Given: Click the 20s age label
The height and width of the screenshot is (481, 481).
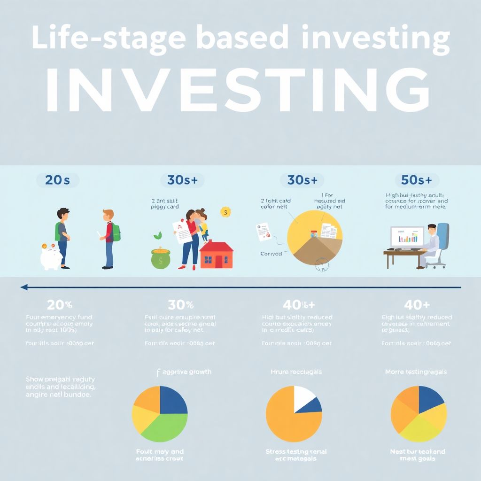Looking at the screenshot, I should (x=57, y=180).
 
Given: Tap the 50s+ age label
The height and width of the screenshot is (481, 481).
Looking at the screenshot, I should (x=416, y=180).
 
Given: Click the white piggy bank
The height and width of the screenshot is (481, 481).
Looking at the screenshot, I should (x=51, y=258).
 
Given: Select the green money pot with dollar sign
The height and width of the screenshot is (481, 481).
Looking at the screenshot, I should (x=161, y=258).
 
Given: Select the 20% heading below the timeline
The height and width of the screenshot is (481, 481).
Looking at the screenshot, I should (x=60, y=304).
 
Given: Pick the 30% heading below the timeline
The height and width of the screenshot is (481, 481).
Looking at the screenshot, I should (x=180, y=304).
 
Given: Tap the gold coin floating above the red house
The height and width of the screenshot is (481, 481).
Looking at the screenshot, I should (x=226, y=212).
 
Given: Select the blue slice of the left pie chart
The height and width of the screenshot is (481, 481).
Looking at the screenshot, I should (x=173, y=400).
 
